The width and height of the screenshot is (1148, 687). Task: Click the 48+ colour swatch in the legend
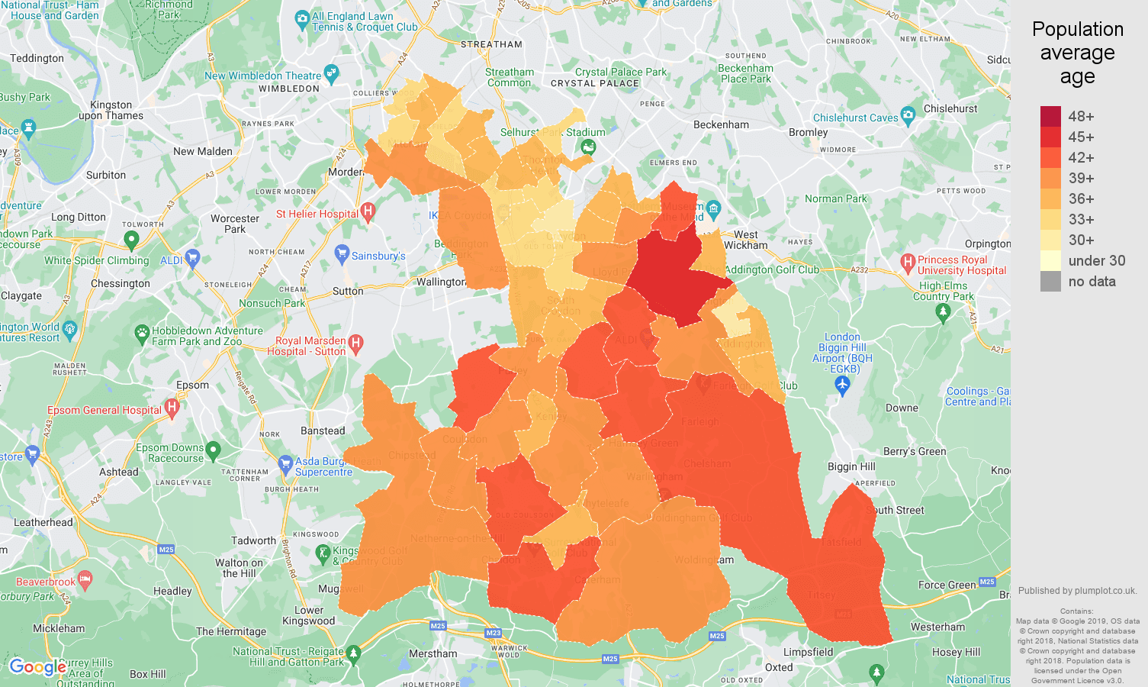click(1050, 116)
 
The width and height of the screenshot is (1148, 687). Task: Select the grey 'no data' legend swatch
click(1050, 281)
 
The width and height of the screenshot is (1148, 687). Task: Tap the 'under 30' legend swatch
click(1050, 260)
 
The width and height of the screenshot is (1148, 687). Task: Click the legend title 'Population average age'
click(1077, 53)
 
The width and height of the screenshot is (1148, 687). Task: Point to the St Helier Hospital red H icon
click(368, 211)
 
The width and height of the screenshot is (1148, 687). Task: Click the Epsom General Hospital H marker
click(172, 408)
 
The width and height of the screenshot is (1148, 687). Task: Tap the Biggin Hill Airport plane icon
click(842, 386)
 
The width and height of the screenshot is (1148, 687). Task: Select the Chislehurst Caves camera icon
click(908, 116)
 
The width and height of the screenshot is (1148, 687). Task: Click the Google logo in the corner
click(37, 667)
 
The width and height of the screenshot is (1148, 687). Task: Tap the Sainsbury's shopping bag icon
click(342, 254)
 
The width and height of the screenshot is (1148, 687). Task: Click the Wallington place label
click(441, 282)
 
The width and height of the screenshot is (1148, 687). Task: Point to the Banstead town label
click(323, 431)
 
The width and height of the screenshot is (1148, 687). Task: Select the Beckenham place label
click(721, 124)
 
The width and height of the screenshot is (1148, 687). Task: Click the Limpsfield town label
click(808, 652)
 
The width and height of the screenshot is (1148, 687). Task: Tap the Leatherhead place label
click(43, 522)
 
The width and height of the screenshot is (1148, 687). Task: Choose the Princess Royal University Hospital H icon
click(908, 263)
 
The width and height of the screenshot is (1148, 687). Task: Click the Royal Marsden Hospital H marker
click(355, 344)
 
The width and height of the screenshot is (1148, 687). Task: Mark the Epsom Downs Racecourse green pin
click(214, 450)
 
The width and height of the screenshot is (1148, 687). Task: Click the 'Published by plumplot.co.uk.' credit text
click(1077, 590)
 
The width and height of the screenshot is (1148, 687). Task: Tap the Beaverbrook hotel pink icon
click(85, 579)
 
